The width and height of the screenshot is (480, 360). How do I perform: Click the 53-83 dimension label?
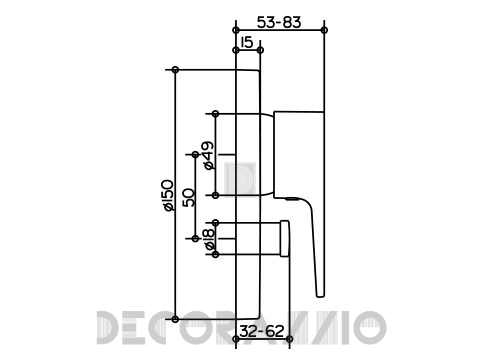pos(279,22)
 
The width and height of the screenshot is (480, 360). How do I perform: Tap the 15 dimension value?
pos(247,43)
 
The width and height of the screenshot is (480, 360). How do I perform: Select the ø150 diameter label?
pos(168,195)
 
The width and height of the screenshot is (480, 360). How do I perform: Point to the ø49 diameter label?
pos(208,155)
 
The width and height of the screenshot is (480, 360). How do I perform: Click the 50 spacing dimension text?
pos(189,197)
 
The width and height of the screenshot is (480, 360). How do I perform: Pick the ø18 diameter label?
pos(209,239)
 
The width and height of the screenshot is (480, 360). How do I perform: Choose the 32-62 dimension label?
pos(262,331)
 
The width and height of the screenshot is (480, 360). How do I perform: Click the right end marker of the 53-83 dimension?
pos(324,30)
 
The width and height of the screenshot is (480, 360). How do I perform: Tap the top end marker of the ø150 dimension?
pos(175,70)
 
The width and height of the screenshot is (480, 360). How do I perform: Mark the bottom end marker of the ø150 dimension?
pos(175,319)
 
